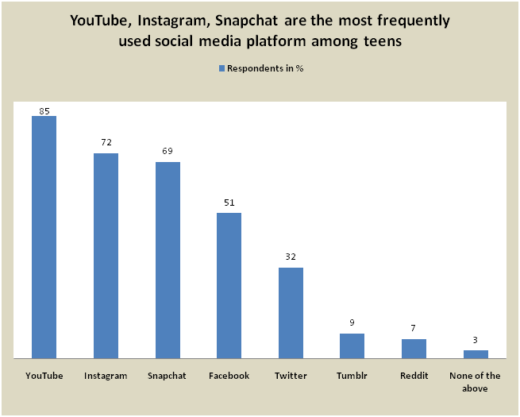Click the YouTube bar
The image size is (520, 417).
coord(44,237)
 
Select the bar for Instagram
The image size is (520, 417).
coord(106,256)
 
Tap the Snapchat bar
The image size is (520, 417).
coord(168,261)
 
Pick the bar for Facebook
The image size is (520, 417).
coord(229,286)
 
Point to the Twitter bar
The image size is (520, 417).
coord(291,313)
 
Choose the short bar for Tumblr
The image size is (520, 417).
coord(352,346)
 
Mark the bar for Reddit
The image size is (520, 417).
coord(414,349)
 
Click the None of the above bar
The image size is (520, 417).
coord(475,354)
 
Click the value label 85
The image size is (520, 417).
coord(44,110)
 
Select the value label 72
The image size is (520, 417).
coord(106,143)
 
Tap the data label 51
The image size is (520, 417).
coord(229,203)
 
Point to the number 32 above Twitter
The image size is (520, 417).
coord(291,257)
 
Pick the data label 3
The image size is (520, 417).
coord(476,341)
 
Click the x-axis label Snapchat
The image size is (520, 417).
coord(168,376)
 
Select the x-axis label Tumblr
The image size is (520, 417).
coord(352,376)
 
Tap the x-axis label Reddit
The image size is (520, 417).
coord(414,376)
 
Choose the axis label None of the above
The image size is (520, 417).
coord(475,382)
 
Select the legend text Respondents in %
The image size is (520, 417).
coord(265,68)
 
